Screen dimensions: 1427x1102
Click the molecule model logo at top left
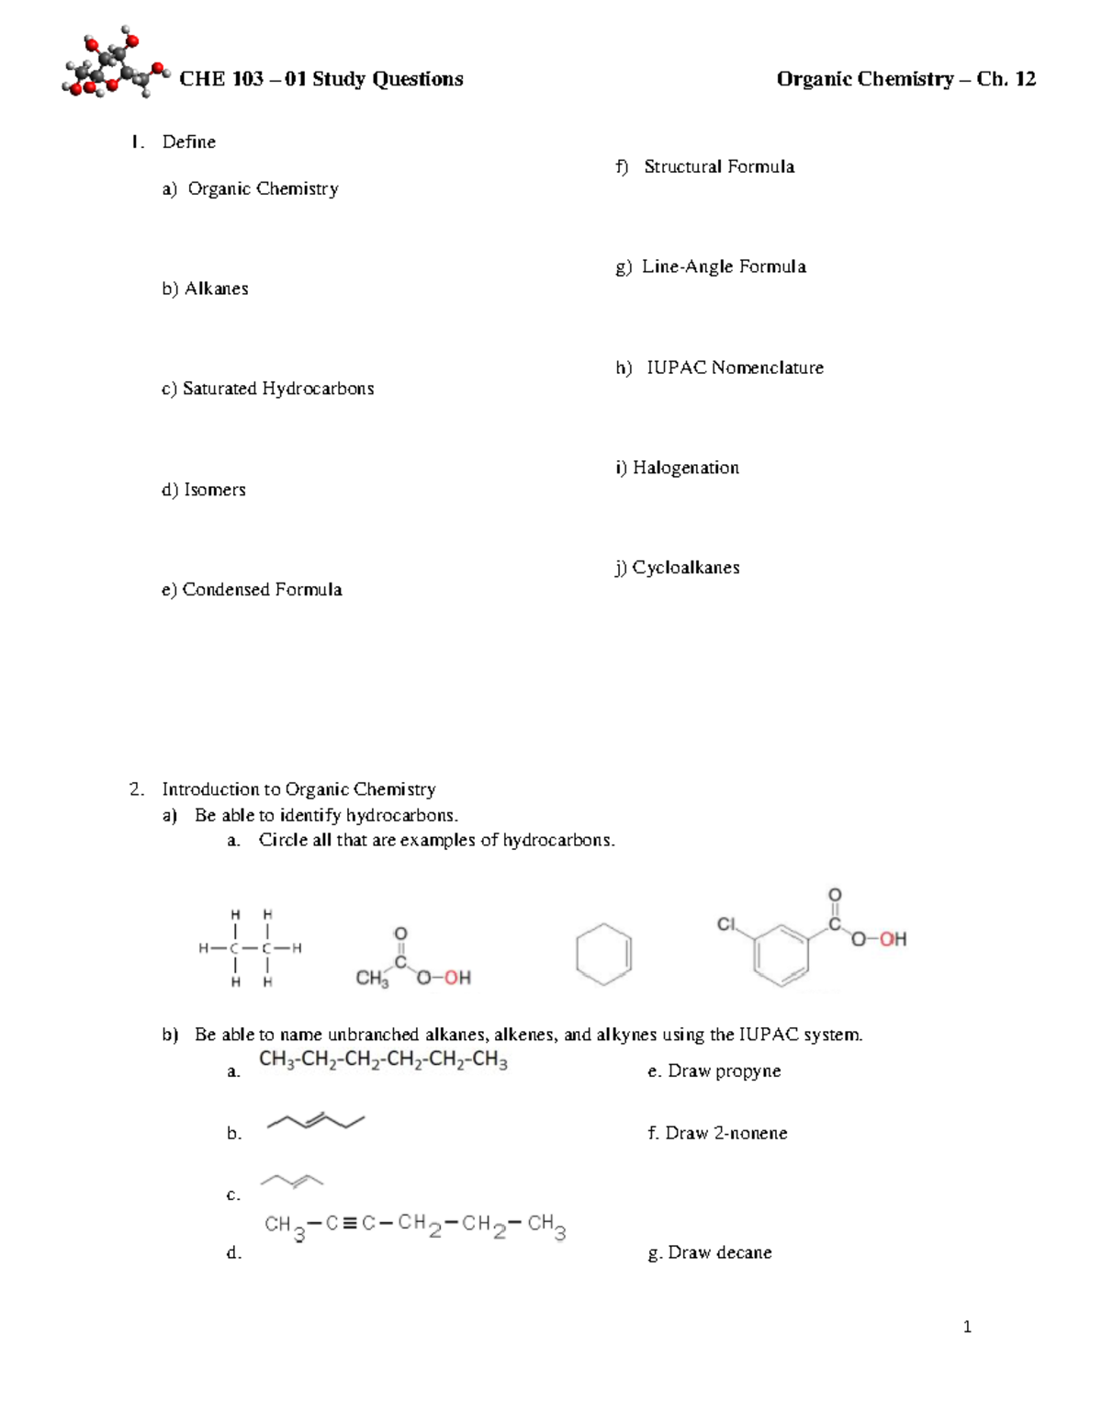pyautogui.click(x=115, y=66)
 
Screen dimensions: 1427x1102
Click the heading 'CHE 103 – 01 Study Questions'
pyautogui.click(x=320, y=79)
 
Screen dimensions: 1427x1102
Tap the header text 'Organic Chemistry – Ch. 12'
pyautogui.click(x=905, y=79)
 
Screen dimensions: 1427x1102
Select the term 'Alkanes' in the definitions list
pyautogui.click(x=216, y=289)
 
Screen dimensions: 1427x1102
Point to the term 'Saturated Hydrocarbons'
pyautogui.click(x=277, y=389)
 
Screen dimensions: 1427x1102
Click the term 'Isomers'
pyautogui.click(x=214, y=490)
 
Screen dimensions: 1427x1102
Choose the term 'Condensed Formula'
pyautogui.click(x=262, y=590)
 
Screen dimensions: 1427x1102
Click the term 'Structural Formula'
pyautogui.click(x=719, y=166)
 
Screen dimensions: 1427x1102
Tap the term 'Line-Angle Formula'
pyautogui.click(x=724, y=266)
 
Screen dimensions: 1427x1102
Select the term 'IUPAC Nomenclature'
pyautogui.click(x=735, y=368)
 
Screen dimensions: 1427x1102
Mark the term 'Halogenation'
pyautogui.click(x=685, y=468)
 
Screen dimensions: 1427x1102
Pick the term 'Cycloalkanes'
pyautogui.click(x=685, y=568)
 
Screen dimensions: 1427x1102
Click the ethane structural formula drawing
pyautogui.click(x=251, y=948)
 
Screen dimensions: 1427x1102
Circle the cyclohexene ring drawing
pyautogui.click(x=603, y=954)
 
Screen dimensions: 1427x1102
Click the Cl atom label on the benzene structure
pyautogui.click(x=727, y=924)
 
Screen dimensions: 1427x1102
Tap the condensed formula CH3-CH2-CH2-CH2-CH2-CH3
pyautogui.click(x=383, y=1060)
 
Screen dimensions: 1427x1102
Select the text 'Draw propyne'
pyautogui.click(x=724, y=1071)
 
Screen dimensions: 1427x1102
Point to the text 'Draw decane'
pyautogui.click(x=719, y=1252)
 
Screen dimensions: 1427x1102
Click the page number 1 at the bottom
pyautogui.click(x=967, y=1327)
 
